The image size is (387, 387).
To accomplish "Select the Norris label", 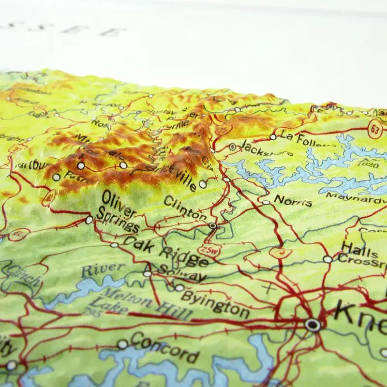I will coord(293,200).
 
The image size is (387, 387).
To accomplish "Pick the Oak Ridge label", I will coord(167,251).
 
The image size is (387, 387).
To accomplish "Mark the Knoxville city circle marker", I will coord(313,325).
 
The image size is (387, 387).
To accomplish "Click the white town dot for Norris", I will coord(266,203).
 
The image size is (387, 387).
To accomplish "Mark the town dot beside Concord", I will coord(122,344).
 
